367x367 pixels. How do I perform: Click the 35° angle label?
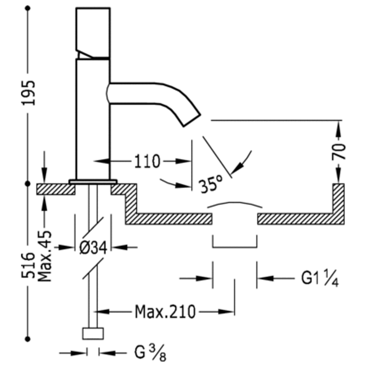coord(211,184)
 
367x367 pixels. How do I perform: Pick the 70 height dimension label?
coord(339,151)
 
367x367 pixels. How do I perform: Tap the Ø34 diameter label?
coord(93,248)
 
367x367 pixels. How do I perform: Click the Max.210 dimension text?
coord(165,312)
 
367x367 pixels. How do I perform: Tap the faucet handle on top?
coord(93,32)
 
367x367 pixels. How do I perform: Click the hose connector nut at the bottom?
coord(93,334)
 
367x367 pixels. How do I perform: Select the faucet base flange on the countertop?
coord(93,182)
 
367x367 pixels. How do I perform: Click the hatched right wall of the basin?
coord(338,202)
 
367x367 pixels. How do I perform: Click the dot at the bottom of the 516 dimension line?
coord(28,339)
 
